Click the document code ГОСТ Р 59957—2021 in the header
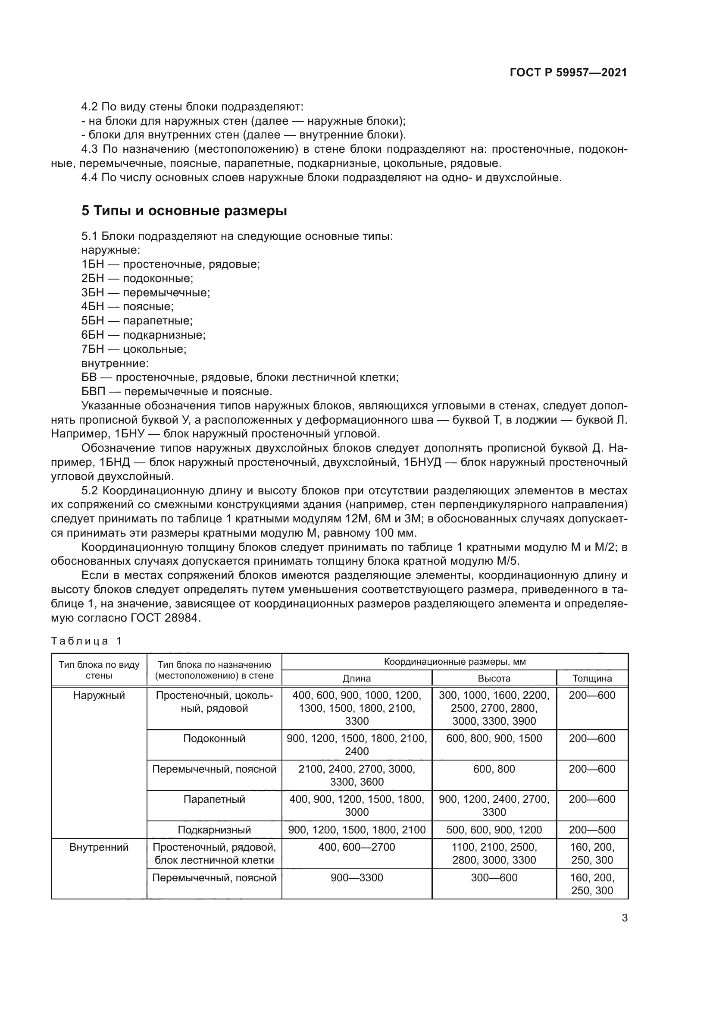coord(568,73)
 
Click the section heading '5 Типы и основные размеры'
coord(184,211)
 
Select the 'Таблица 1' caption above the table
coord(86,641)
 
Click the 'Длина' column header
coord(356,678)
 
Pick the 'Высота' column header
coord(494,678)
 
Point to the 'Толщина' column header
coord(592,678)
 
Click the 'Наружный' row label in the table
coord(99,695)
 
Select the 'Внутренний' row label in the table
coord(99,847)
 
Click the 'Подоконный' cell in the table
coord(214,738)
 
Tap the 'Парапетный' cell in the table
coord(214,799)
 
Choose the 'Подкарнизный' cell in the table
coord(214,830)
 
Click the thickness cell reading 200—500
coord(592,830)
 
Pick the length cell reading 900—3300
coord(356,877)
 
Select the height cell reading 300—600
coord(494,877)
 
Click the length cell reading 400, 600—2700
coord(356,847)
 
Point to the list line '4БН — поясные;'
coord(127,306)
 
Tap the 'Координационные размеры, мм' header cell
coord(454,661)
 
